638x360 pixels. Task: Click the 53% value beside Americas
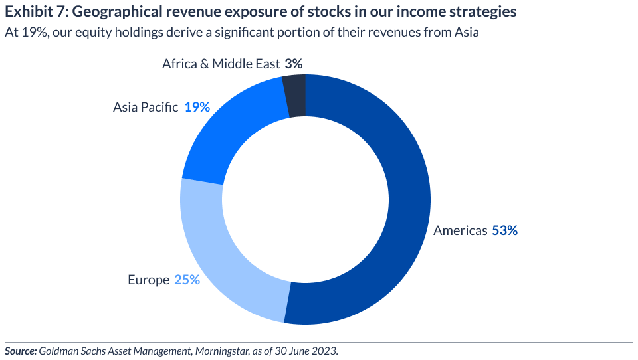click(504, 231)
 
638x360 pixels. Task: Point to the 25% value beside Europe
click(187, 280)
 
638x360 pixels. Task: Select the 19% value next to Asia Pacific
click(197, 107)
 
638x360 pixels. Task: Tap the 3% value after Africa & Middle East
click(294, 64)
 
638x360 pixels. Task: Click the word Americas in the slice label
click(461, 231)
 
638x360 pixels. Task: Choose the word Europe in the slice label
click(149, 280)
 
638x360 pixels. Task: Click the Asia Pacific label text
click(146, 107)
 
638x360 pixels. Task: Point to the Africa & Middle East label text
click(221, 64)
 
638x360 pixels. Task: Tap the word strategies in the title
click(483, 12)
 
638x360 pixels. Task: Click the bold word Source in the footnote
click(19, 351)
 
